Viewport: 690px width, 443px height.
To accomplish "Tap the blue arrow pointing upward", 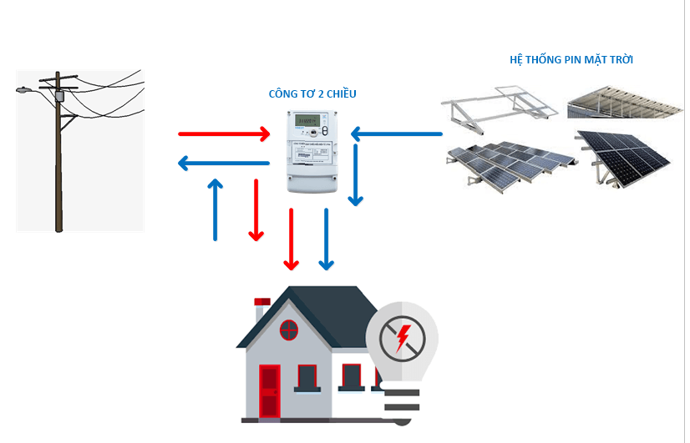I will [216, 209].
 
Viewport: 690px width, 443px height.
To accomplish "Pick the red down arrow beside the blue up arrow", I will [256, 209].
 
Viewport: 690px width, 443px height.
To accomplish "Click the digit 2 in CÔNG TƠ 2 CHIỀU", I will [319, 94].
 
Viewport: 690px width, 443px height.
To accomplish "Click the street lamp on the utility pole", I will [24, 88].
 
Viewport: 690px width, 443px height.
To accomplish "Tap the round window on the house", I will [289, 330].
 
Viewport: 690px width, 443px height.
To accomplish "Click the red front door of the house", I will [268, 390].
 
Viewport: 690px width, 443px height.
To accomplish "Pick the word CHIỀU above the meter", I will [340, 94].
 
